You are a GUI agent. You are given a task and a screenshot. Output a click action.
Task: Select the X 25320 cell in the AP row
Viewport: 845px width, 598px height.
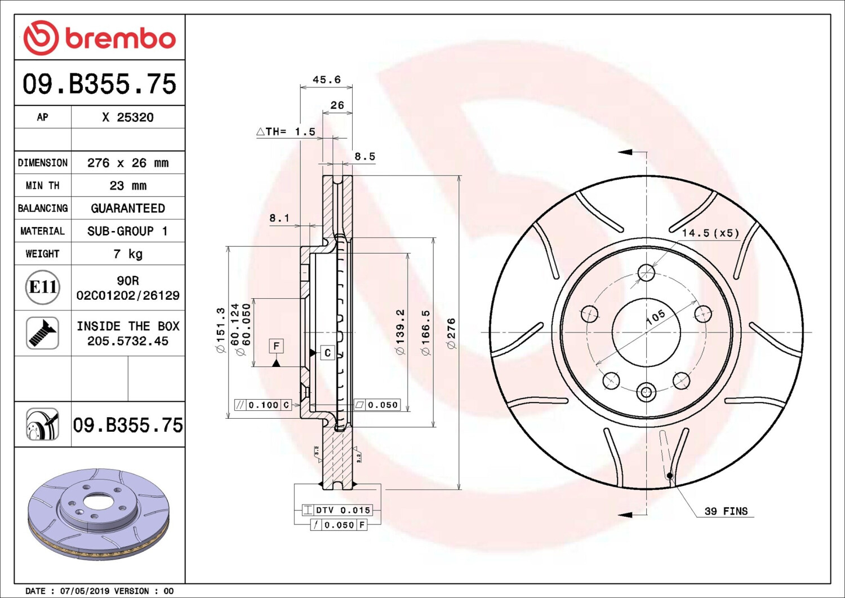[128, 117]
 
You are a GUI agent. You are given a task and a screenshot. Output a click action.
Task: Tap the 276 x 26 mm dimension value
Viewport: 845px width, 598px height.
[128, 163]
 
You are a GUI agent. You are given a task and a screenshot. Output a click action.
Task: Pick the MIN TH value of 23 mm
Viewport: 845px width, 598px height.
[128, 186]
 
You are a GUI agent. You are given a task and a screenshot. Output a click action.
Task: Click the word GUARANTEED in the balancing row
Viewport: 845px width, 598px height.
[128, 209]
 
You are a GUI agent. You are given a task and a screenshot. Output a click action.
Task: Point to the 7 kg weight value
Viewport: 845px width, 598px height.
[128, 254]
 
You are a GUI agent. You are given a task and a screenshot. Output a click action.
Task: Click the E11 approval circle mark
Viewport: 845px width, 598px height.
[43, 287]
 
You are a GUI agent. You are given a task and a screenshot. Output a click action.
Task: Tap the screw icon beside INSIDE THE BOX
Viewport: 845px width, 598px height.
[43, 333]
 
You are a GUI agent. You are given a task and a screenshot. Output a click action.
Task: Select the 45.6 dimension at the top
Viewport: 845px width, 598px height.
[327, 79]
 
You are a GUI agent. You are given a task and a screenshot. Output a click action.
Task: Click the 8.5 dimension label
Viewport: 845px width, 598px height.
[365, 156]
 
